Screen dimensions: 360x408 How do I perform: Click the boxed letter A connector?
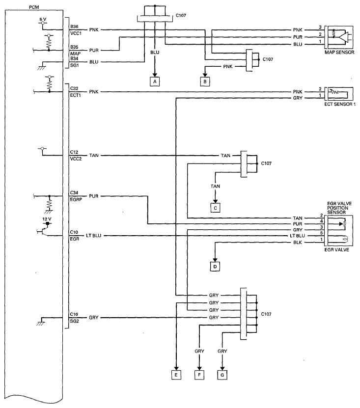155,82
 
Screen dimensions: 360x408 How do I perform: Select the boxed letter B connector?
205,82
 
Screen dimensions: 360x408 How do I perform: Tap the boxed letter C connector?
215,208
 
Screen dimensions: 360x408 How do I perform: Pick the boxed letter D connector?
215,267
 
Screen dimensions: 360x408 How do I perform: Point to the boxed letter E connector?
176,375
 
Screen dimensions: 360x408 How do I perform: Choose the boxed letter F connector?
199,375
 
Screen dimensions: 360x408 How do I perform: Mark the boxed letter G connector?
222,375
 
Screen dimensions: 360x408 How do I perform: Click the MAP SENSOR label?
339,53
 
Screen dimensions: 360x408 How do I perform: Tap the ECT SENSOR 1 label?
340,104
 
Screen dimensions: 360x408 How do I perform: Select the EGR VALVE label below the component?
336,250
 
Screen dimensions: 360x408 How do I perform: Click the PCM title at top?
34,7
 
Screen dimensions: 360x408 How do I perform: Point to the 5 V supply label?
43,19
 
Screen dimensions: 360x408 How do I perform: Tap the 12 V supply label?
47,219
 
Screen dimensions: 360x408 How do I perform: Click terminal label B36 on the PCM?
74,27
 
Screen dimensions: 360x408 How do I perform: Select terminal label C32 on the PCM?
74,88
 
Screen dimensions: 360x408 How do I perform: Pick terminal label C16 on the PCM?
74,314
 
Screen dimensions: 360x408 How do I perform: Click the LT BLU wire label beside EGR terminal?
93,236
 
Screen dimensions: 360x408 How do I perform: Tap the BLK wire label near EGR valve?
298,243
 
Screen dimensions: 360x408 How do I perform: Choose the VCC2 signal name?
76,159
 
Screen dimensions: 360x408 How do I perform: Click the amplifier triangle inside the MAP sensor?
344,37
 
